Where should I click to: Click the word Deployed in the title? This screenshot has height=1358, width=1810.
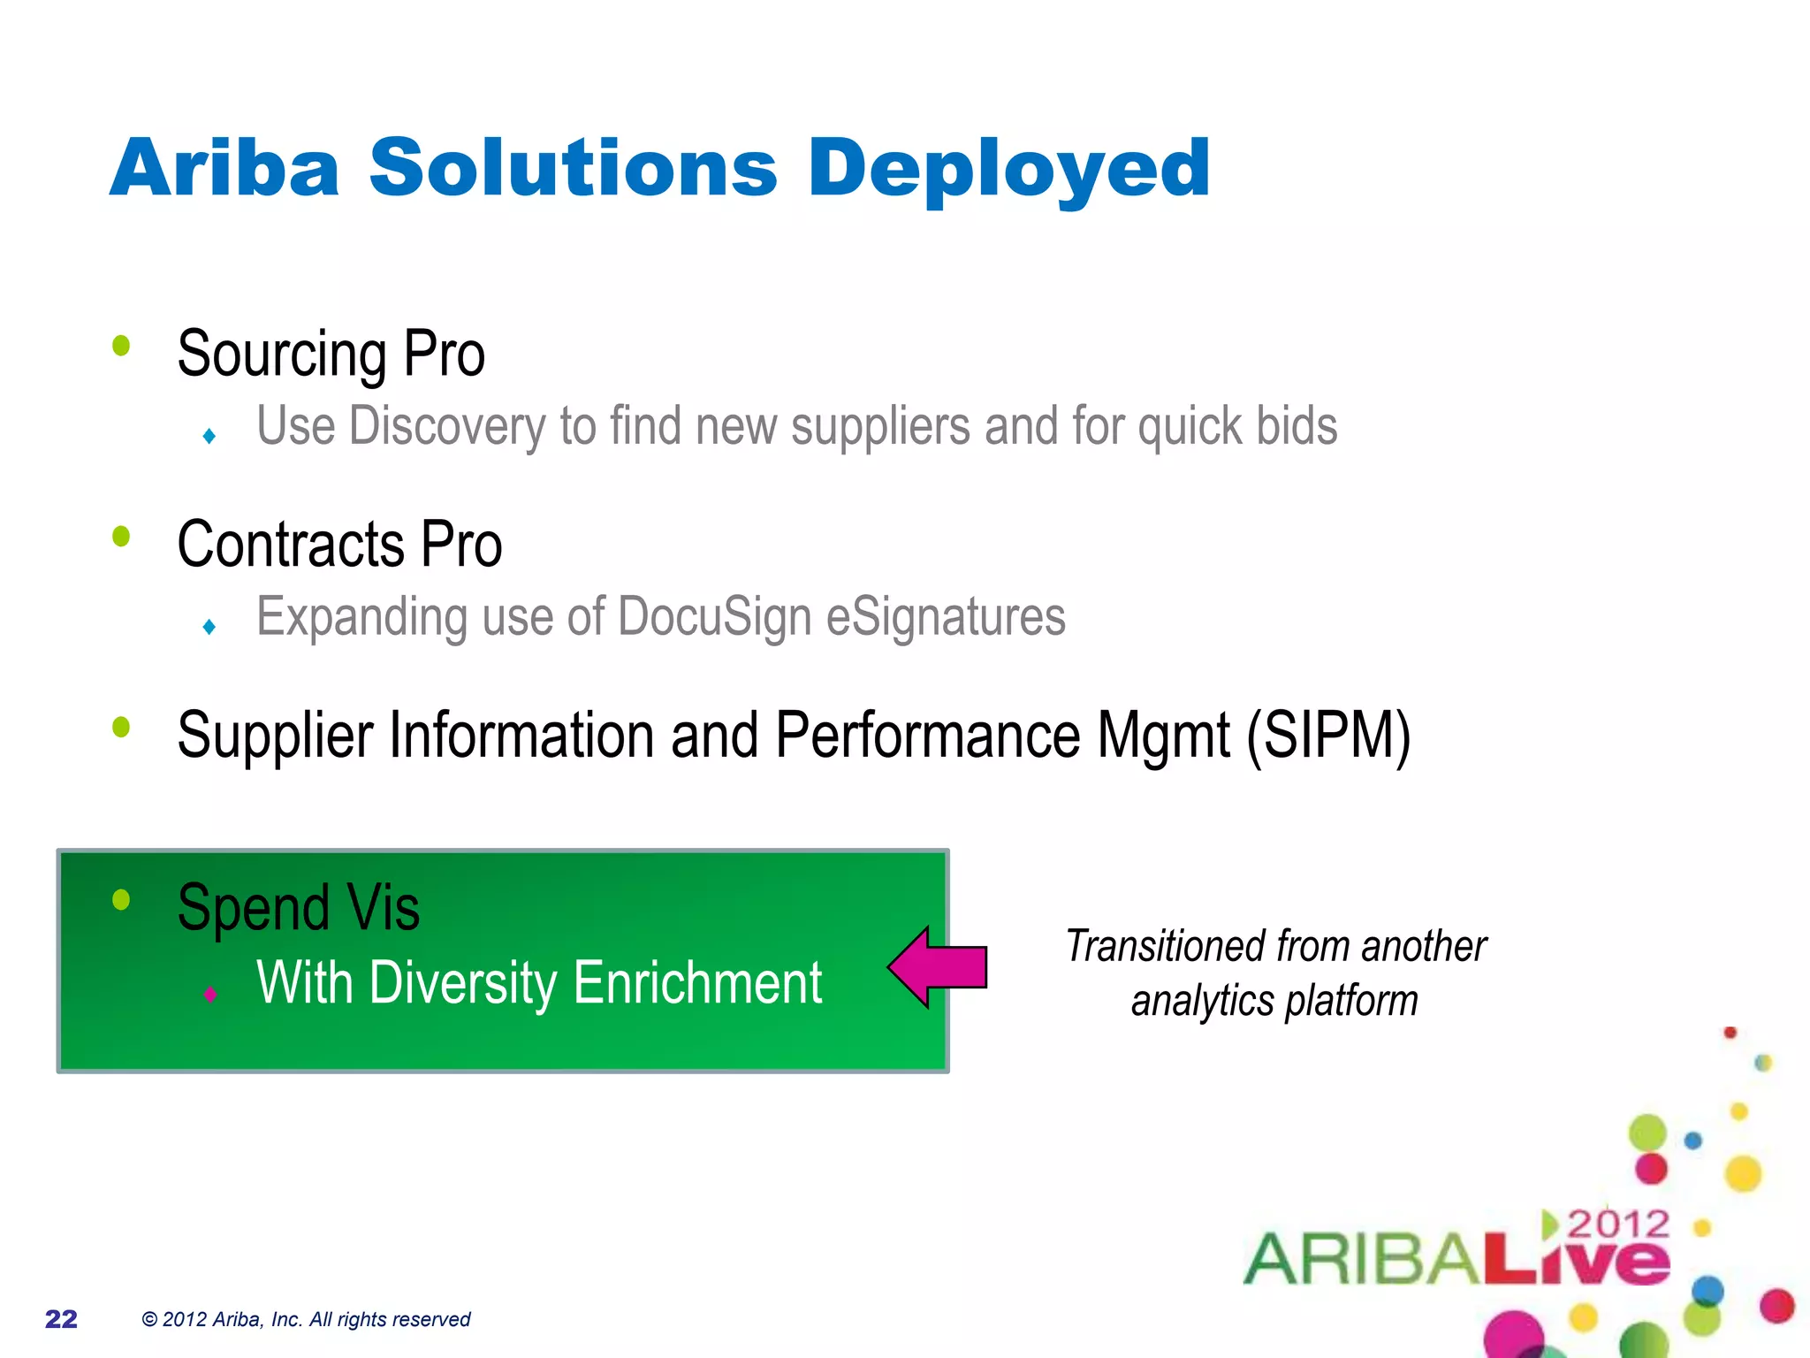click(x=1008, y=170)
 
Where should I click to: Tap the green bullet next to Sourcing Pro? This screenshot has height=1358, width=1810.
click(x=121, y=346)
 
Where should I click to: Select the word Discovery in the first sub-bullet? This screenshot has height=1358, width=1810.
click(x=445, y=427)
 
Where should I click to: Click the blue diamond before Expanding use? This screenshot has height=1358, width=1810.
click(x=209, y=627)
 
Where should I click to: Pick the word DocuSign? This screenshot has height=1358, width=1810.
click(x=714, y=617)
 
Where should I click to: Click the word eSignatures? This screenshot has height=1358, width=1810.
click(x=946, y=617)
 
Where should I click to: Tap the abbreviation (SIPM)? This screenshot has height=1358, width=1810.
click(x=1328, y=736)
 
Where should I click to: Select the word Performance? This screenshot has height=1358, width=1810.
click(x=928, y=736)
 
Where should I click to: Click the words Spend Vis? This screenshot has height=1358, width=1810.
click(x=298, y=908)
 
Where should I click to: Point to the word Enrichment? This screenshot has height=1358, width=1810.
click(x=697, y=983)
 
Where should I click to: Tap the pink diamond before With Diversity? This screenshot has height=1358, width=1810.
click(x=209, y=994)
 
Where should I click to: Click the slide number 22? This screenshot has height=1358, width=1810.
click(x=61, y=1319)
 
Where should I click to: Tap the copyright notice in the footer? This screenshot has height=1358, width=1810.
click(x=306, y=1319)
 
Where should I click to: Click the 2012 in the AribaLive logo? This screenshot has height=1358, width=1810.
click(x=1617, y=1224)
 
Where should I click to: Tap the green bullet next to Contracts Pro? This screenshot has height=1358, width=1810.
click(x=121, y=537)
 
